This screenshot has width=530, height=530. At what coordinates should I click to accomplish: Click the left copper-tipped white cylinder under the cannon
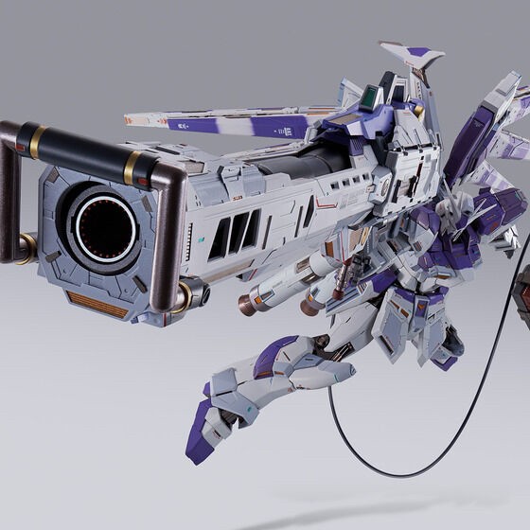(x=259, y=299)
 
